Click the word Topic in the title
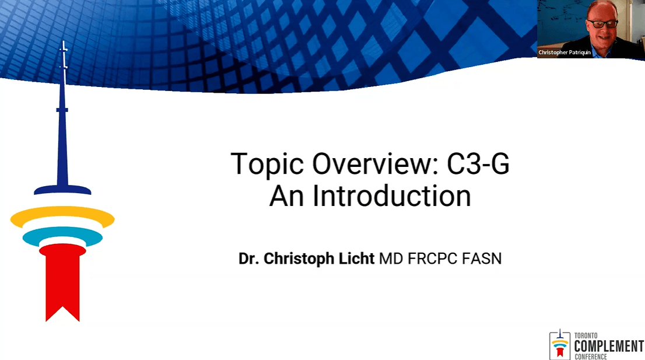pos(267,164)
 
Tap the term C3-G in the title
pos(478,163)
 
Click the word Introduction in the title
pos(392,196)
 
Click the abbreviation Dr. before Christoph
pos(248,259)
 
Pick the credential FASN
pos(482,259)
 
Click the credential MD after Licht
pos(391,259)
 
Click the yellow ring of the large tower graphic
pos(62,217)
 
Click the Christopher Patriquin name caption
pos(565,53)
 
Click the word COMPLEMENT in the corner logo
pos(609,346)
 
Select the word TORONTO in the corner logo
pos(586,335)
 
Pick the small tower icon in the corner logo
pos(560,344)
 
